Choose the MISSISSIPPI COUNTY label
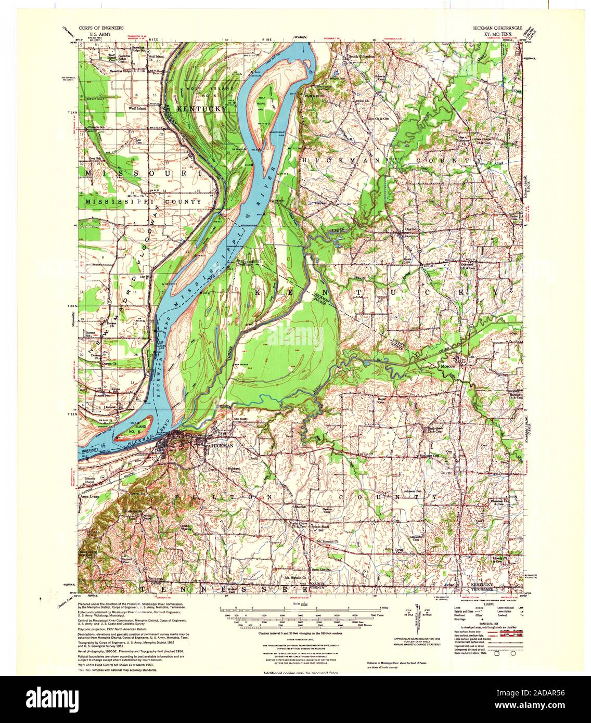pos(144,201)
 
